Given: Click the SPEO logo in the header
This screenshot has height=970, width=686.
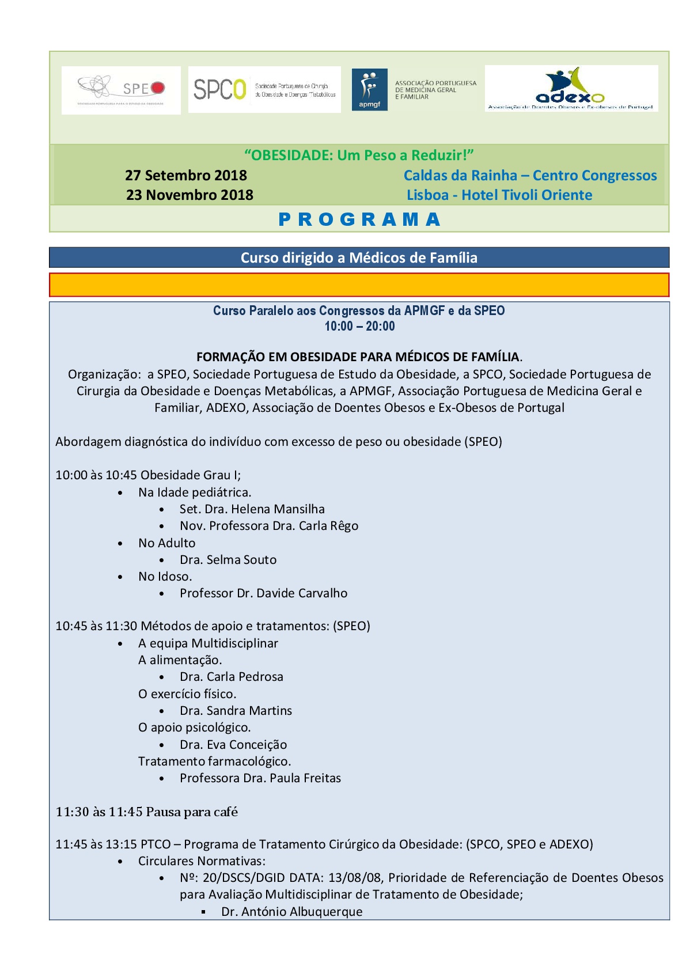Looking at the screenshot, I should (x=121, y=90).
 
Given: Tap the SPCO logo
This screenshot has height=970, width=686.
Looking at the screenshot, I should (x=264, y=89).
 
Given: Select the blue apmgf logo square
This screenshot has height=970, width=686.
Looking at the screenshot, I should (x=369, y=90).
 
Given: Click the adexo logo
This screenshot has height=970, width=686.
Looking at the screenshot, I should (x=571, y=89).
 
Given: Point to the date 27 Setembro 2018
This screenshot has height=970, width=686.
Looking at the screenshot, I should (x=186, y=175).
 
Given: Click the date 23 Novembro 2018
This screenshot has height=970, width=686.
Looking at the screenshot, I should (x=189, y=195).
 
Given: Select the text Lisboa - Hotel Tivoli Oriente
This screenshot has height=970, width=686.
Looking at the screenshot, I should (x=499, y=195).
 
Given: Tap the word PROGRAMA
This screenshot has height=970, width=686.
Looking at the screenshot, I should (x=359, y=219).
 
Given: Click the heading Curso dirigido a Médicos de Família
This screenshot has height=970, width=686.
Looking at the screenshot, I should (x=359, y=257).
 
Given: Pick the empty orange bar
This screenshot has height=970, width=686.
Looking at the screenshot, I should (x=359, y=285).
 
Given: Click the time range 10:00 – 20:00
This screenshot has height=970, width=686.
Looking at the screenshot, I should (x=359, y=326).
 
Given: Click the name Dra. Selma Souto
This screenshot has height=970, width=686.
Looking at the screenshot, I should (x=228, y=560).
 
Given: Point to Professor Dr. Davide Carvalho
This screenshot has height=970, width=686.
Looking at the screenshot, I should (x=263, y=593).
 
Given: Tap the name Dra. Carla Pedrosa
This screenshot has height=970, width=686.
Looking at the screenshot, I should (x=232, y=677).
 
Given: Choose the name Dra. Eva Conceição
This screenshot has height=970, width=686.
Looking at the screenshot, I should (x=233, y=745).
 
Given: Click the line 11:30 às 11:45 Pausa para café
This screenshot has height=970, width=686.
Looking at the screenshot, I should (x=147, y=812).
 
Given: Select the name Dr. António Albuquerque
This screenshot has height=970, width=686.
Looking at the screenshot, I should (x=292, y=912).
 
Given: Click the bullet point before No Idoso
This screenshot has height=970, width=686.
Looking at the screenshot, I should (x=120, y=577).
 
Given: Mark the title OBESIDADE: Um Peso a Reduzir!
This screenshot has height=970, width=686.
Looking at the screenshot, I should (x=359, y=155).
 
